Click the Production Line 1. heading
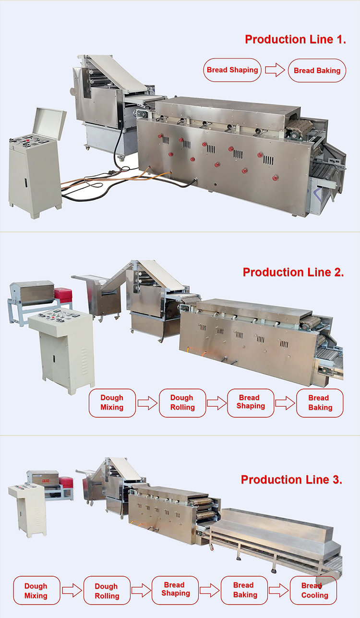pyautogui.click(x=295, y=39)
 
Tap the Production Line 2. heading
pyautogui.click(x=293, y=272)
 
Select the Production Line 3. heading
pyautogui.click(x=291, y=479)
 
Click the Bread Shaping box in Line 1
pyautogui.click(x=232, y=70)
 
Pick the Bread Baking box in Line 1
pyautogui.click(x=317, y=71)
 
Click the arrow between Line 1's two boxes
pyautogui.click(x=275, y=71)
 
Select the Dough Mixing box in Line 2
pyautogui.click(x=112, y=402)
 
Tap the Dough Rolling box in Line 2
pyautogui.click(x=182, y=402)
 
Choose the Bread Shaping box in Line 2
pyautogui.click(x=250, y=402)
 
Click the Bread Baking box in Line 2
pyautogui.click(x=319, y=402)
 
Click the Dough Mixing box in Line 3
pyautogui.click(x=36, y=591)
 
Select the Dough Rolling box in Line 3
pyautogui.click(x=107, y=591)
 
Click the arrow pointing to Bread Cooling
pyautogui.click(x=278, y=590)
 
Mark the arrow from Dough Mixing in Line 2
pyautogui.click(x=147, y=402)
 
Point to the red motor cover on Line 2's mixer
pyautogui.click(x=63, y=294)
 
